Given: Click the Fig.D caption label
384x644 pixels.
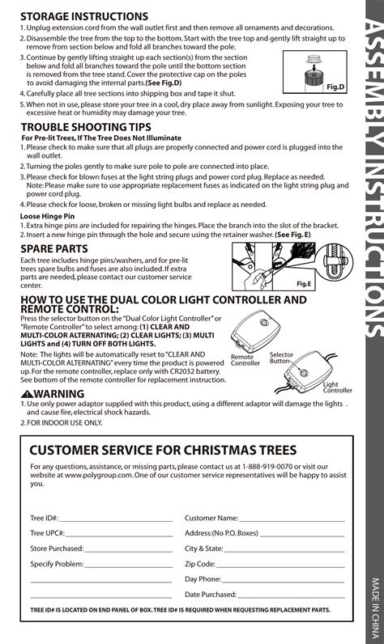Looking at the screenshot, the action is click(x=335, y=86).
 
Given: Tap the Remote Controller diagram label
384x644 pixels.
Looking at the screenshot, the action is click(x=245, y=360).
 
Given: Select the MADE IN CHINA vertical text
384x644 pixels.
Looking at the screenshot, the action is click(x=374, y=607).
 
